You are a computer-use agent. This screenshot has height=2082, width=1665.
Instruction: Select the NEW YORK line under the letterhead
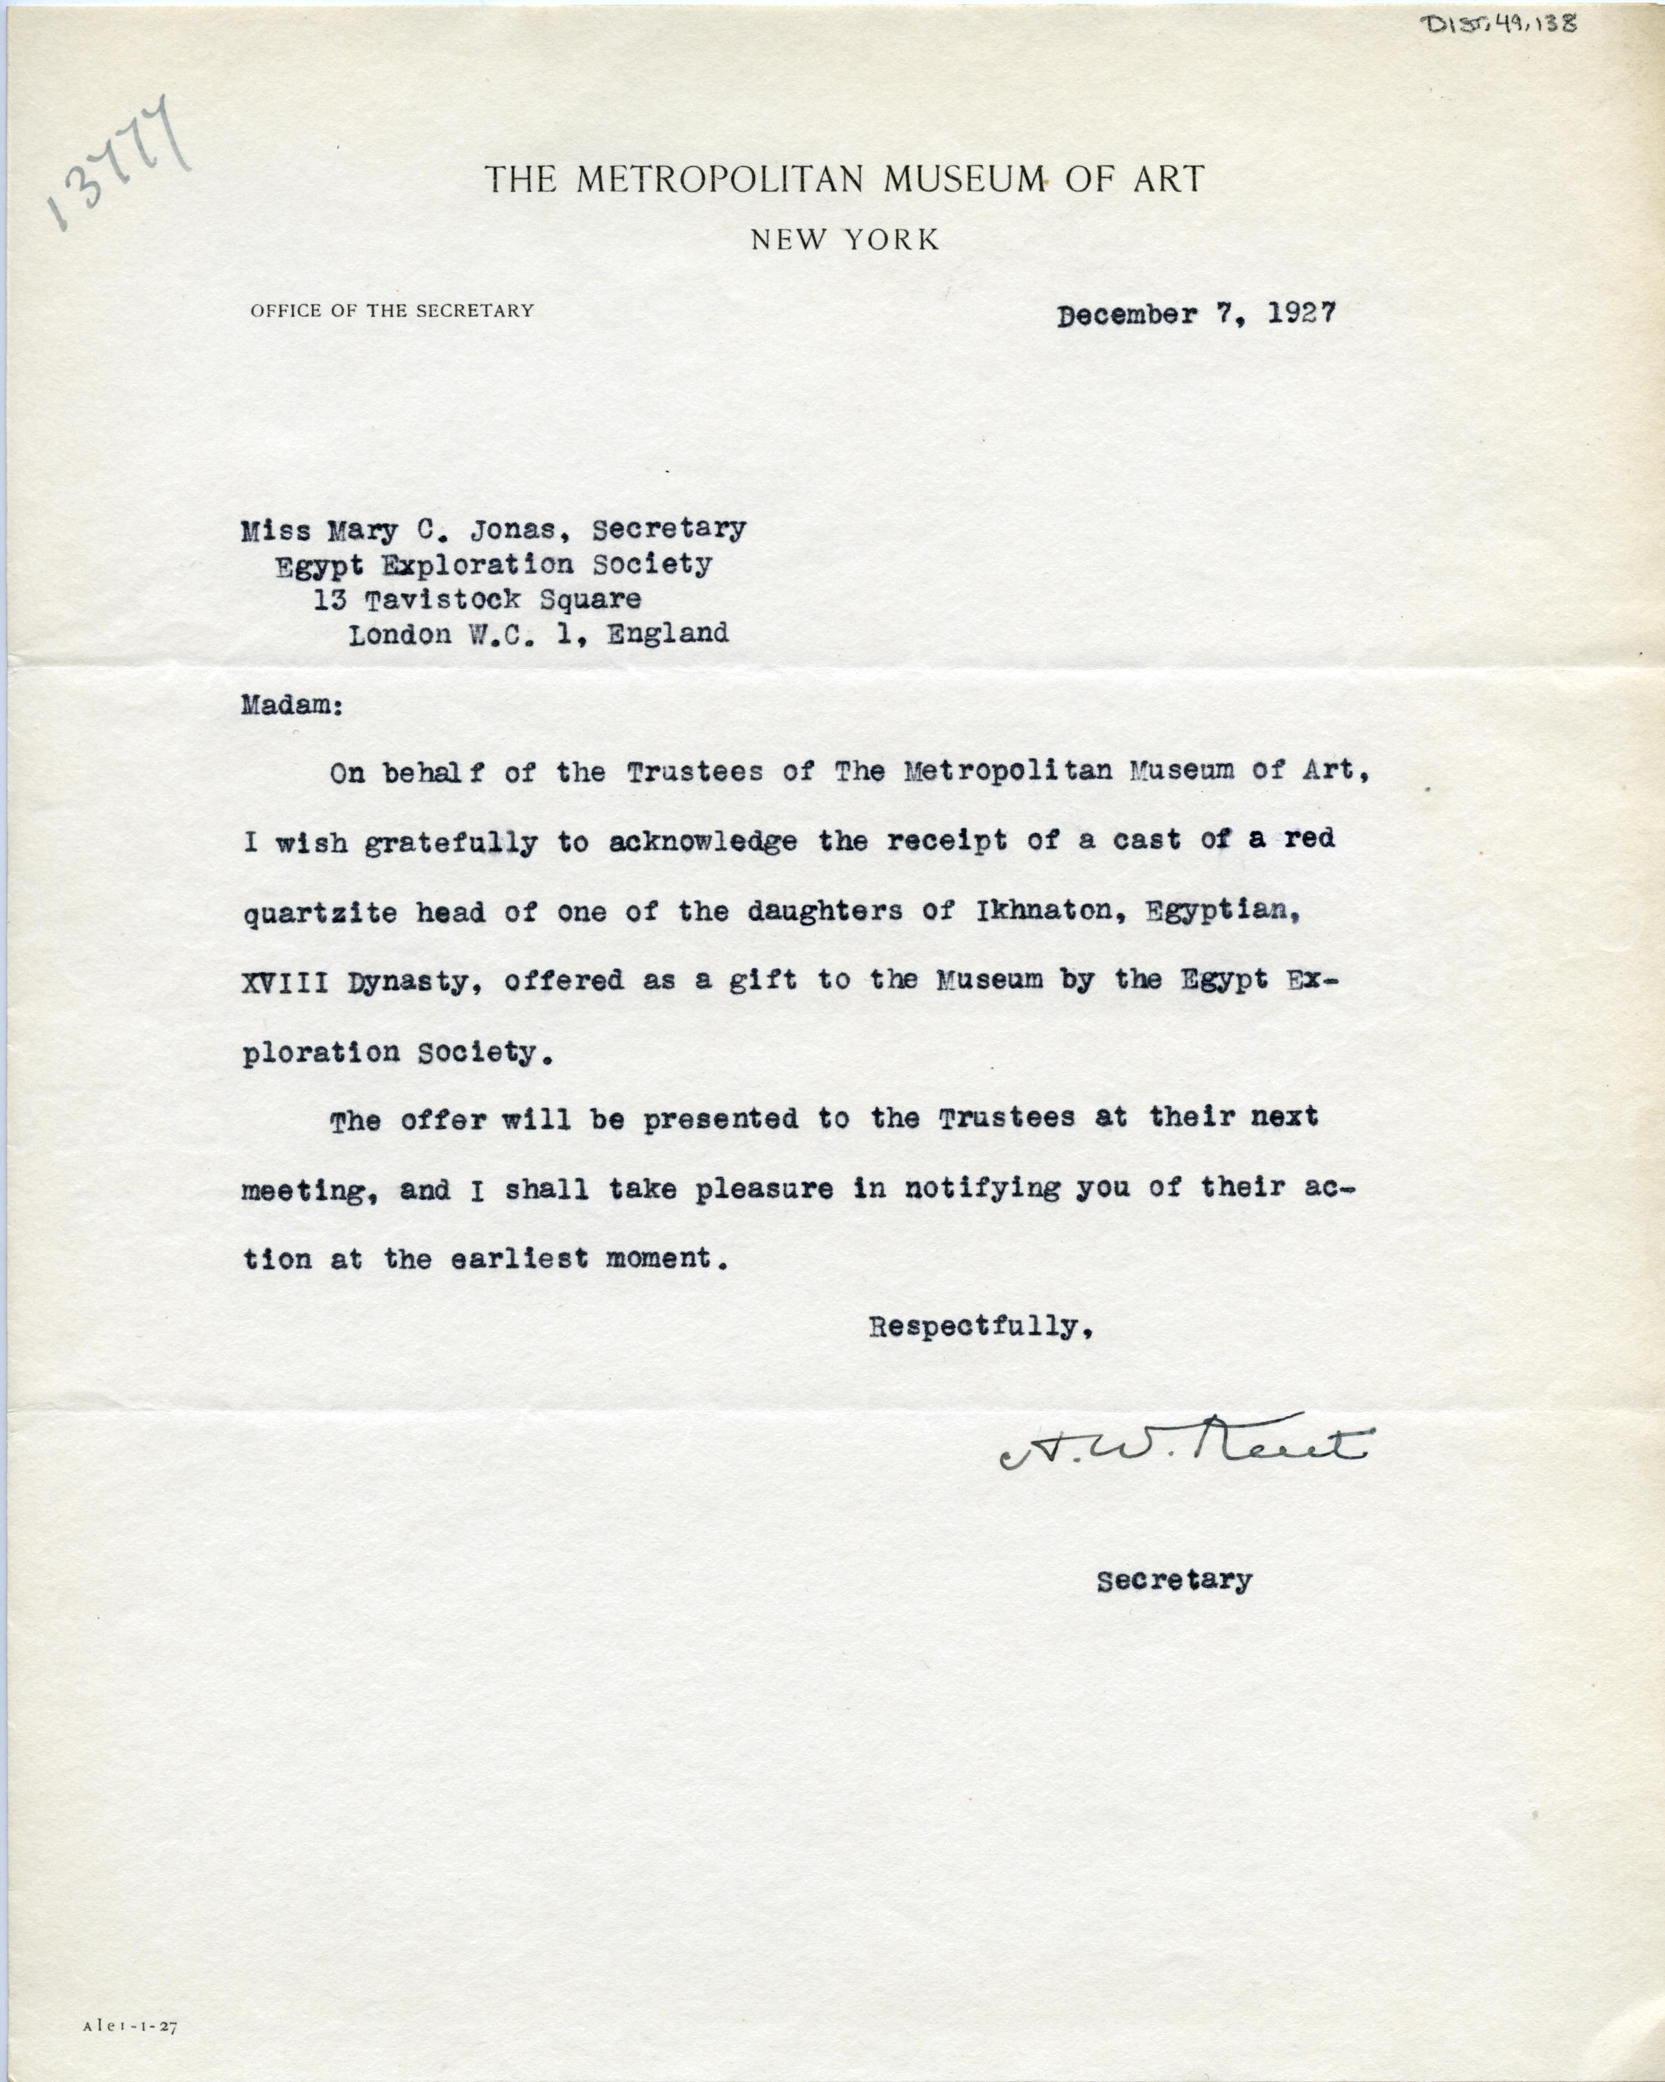pos(844,239)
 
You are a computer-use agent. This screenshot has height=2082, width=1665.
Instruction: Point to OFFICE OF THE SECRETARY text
pos(392,311)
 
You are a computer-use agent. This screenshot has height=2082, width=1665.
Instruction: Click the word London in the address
pos(399,635)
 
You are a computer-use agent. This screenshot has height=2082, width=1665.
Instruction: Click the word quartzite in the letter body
pos(320,913)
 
